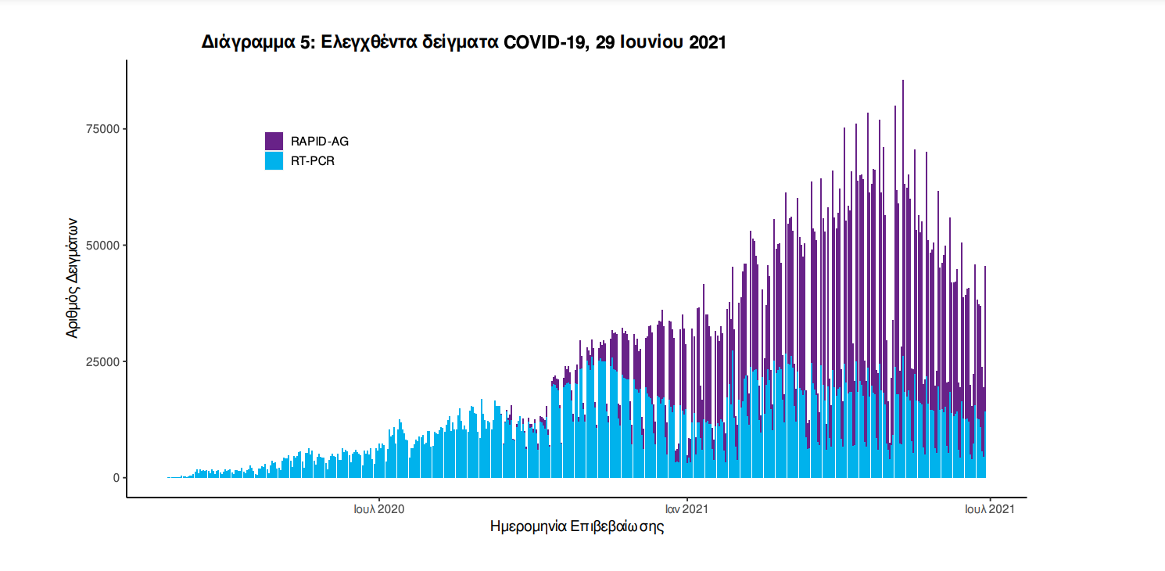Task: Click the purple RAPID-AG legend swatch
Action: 274,141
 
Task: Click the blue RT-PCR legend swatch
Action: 274,161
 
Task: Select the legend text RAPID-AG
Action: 320,142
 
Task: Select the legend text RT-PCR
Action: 313,162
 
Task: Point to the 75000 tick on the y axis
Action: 102,129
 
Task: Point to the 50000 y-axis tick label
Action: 102,246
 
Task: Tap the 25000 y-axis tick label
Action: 102,361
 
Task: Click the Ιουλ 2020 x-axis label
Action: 379,509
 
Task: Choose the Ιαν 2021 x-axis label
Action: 686,509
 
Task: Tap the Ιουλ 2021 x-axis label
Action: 989,509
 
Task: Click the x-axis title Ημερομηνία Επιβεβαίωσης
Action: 576,526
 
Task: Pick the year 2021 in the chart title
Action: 707,42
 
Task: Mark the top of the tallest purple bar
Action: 903,81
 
